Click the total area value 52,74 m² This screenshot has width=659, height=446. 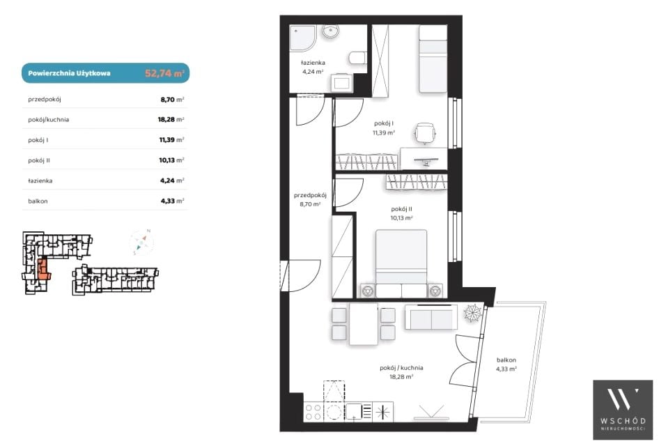[164, 73]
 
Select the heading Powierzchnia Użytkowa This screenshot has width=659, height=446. [70, 73]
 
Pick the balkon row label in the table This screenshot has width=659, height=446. [38, 201]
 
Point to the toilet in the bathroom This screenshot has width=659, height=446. [357, 59]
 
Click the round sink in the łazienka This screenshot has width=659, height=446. [331, 31]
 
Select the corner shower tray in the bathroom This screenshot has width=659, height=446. [302, 38]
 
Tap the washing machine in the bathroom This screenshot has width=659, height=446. [341, 83]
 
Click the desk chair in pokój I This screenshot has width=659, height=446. [425, 134]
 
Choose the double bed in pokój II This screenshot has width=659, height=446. [401, 263]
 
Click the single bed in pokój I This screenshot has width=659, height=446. [433, 59]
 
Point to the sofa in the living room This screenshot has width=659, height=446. [431, 317]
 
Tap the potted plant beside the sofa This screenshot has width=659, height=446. [472, 312]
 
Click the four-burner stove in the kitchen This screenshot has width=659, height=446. [313, 412]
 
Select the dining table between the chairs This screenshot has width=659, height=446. [364, 324]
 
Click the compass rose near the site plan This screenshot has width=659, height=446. [141, 242]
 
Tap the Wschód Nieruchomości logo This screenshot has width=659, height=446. [623, 410]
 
